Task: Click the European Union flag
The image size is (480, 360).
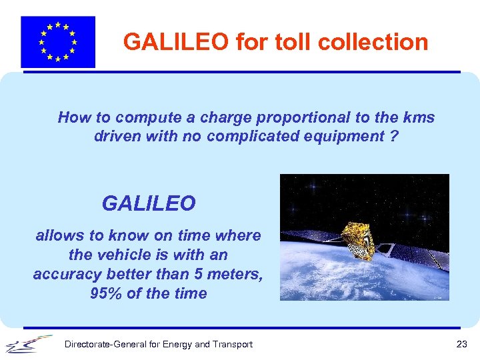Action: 58,42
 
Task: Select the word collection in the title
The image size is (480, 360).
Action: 373,42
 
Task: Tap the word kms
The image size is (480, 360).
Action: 418,118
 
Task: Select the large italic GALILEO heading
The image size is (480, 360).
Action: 149,203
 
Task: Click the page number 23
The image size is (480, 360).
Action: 461,344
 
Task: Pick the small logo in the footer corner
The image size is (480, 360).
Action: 28,345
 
